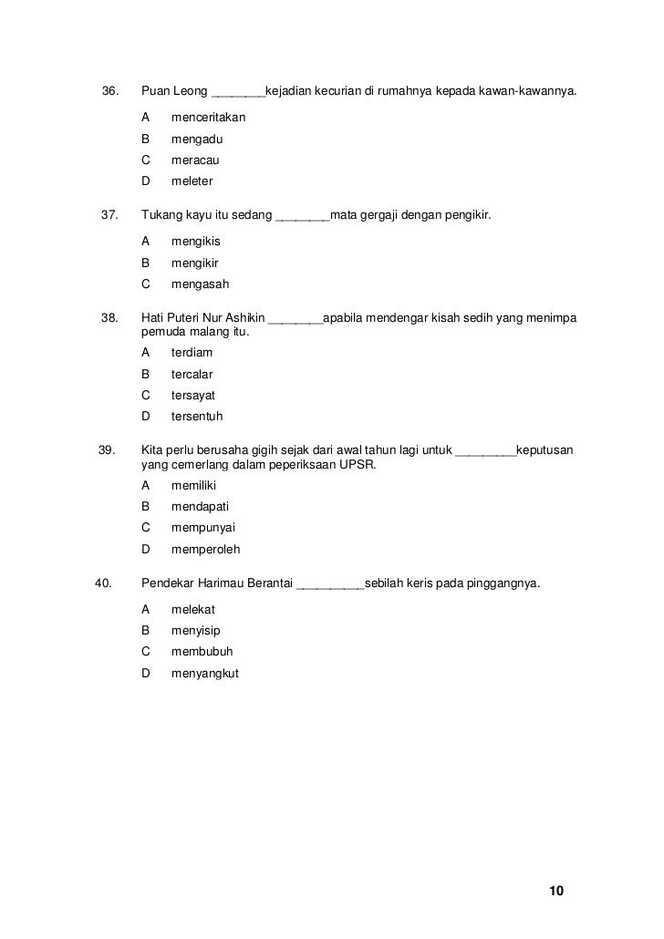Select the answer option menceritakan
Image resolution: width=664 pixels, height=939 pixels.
(208, 119)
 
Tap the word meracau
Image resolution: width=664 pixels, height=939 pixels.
(195, 160)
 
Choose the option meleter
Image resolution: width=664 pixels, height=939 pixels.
(192, 181)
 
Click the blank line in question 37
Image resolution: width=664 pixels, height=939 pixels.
(302, 217)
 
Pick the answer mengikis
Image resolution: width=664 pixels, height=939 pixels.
(195, 242)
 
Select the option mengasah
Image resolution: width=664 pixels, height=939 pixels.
(200, 284)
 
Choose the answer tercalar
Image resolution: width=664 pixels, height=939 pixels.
(192, 375)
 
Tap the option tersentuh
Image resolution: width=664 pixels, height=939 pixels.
(196, 417)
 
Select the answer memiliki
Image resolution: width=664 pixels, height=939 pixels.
(193, 486)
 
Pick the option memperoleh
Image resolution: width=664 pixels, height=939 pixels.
(205, 550)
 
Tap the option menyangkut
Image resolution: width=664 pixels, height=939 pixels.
(204, 674)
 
